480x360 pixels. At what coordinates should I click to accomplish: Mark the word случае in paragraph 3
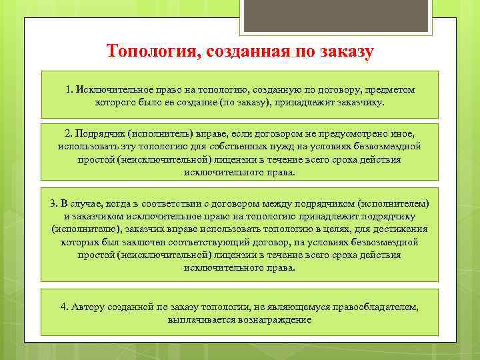click(x=90, y=203)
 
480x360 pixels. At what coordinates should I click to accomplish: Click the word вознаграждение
click(x=273, y=320)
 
